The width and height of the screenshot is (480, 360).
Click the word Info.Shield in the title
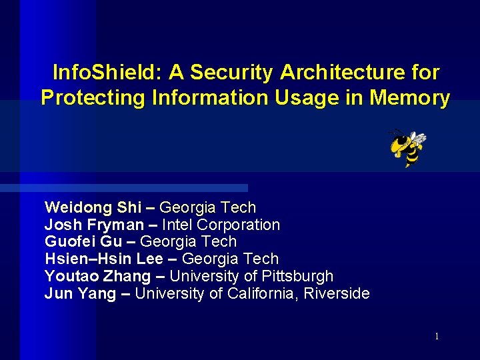(x=106, y=73)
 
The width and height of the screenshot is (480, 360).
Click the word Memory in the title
(x=410, y=98)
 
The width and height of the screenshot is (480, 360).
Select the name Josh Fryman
(x=93, y=225)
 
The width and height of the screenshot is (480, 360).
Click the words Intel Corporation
(x=221, y=225)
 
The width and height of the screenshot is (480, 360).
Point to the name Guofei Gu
(x=83, y=242)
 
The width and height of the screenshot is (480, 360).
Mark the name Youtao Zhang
(x=97, y=276)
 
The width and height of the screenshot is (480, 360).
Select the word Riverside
(x=337, y=293)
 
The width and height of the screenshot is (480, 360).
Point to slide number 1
(x=437, y=337)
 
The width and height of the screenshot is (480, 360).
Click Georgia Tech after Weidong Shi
(x=208, y=208)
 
